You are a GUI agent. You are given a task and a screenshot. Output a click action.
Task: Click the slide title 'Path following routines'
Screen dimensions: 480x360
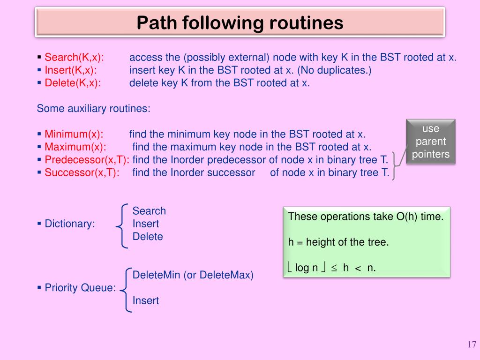coord(240,22)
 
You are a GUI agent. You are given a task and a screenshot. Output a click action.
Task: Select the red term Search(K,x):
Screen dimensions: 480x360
coord(74,58)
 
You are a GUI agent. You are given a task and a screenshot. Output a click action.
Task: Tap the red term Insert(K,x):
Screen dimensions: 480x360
coord(71,70)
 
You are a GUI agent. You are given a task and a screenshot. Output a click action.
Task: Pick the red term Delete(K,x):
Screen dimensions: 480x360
coord(73,83)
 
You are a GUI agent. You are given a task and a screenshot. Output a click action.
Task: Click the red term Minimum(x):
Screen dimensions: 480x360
coord(74,134)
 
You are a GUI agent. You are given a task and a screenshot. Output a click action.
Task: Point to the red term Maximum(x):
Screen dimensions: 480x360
coord(75,147)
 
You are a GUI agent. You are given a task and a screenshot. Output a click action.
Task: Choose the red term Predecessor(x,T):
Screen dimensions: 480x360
coord(87,159)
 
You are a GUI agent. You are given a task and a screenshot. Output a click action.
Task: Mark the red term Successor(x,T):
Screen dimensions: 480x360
coord(82,172)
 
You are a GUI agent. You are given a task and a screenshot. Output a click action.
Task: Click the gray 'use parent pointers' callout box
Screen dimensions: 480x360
coord(431,142)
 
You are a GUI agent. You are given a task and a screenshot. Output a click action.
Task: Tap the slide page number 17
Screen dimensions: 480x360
coord(472,345)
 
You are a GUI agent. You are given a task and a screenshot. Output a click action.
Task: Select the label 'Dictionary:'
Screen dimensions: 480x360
coord(69,224)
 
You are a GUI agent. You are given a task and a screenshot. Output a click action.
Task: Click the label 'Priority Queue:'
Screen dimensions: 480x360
coord(80,288)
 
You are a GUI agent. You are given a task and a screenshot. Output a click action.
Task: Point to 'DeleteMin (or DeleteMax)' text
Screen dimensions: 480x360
coord(193,275)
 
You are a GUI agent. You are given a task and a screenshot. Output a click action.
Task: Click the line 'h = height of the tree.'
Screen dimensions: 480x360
coord(338,242)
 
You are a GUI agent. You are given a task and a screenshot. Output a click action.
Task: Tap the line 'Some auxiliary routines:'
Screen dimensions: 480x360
coord(94,109)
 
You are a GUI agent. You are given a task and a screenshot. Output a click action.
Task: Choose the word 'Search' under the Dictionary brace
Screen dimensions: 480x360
coord(149,211)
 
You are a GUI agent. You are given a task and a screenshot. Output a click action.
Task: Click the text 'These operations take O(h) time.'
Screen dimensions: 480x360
coord(366,217)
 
